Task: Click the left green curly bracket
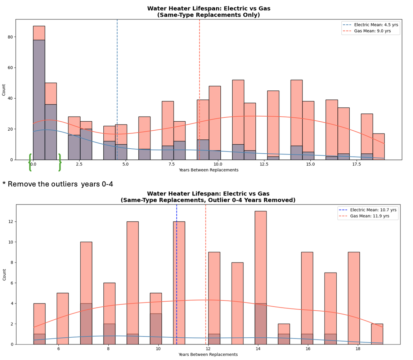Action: (x=30, y=162)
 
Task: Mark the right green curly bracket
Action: (x=59, y=162)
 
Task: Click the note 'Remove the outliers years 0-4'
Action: (x=58, y=184)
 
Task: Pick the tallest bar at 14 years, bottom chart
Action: (x=261, y=278)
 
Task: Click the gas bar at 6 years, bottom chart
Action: (x=63, y=319)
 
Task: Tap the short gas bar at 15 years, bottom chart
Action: (x=284, y=334)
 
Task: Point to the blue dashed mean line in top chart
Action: (x=117, y=90)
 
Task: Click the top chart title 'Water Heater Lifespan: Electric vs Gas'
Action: (x=208, y=9)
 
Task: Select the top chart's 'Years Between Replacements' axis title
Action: (x=208, y=170)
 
